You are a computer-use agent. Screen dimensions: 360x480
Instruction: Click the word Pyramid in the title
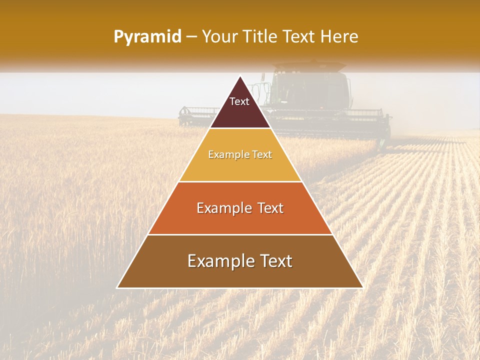coord(147,37)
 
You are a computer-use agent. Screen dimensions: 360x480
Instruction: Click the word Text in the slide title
coord(300,36)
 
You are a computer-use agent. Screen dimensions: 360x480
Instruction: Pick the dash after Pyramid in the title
coord(191,37)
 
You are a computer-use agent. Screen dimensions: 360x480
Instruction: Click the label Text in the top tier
coord(239,101)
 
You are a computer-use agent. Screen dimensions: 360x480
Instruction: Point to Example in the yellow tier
coord(225,155)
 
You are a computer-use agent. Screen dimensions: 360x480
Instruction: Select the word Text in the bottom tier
coord(273,261)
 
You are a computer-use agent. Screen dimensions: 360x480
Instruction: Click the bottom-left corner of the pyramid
coord(117,287)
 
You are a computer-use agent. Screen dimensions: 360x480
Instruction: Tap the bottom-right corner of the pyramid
coord(362,287)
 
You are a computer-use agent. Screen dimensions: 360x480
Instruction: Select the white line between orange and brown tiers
coord(240,234)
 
